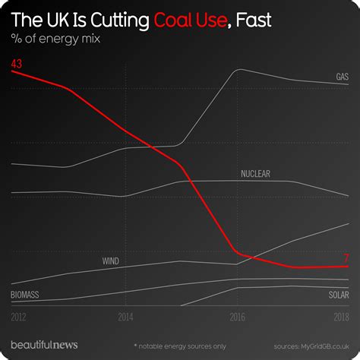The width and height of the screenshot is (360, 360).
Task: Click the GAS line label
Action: [x=342, y=77]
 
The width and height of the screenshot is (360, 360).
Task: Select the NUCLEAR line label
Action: [x=255, y=174]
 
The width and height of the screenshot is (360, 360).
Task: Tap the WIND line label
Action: [x=110, y=261]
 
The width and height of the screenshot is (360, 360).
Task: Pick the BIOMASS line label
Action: [x=25, y=294]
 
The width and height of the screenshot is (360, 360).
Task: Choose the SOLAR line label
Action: [x=339, y=294]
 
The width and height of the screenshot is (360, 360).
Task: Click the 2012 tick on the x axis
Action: [x=19, y=316]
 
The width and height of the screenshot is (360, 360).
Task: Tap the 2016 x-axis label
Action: [x=237, y=316]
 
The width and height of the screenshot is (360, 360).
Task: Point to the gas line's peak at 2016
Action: [x=238, y=71]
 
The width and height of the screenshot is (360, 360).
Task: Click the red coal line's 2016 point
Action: [x=237, y=251]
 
